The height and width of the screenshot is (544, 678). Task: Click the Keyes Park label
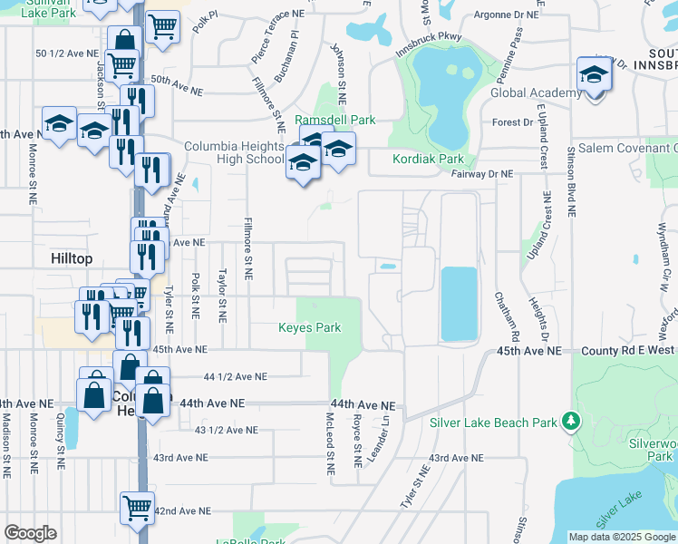click(x=310, y=327)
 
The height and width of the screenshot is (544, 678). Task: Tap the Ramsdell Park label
click(x=334, y=120)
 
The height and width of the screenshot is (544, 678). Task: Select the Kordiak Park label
click(x=428, y=159)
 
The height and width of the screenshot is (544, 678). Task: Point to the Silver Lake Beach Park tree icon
click(x=570, y=421)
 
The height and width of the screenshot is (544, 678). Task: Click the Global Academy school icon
click(x=594, y=75)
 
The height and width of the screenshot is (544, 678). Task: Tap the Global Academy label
click(x=536, y=92)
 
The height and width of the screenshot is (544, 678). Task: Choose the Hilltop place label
click(x=72, y=258)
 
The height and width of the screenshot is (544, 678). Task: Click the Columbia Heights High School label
click(x=234, y=152)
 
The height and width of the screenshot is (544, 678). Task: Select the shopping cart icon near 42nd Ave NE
click(x=137, y=508)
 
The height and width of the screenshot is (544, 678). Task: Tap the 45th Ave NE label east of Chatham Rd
click(x=528, y=350)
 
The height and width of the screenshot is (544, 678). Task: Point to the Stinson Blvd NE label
click(x=571, y=181)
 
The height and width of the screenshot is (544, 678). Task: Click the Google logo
click(x=30, y=533)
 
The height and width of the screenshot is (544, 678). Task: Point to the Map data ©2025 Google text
click(x=621, y=537)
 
